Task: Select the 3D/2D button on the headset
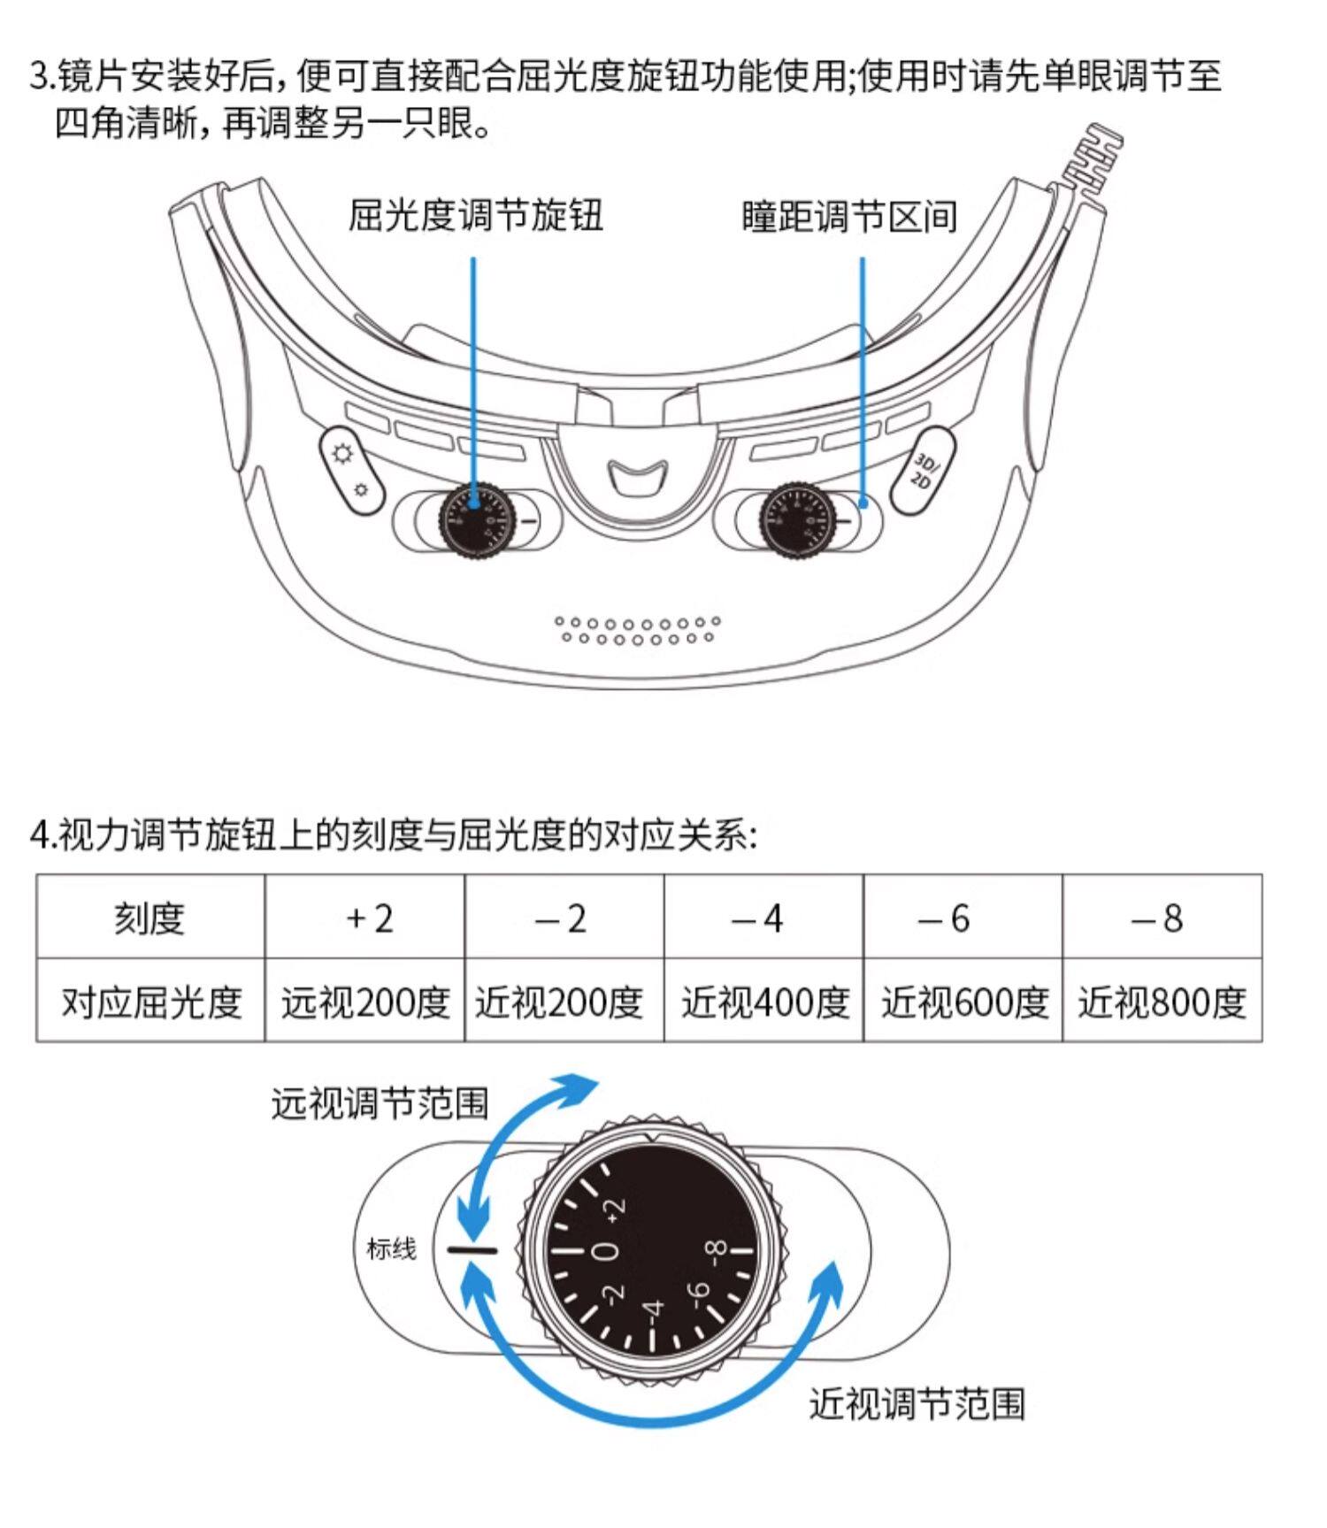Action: point(922,470)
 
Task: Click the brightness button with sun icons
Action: point(351,471)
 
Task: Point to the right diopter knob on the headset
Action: point(800,522)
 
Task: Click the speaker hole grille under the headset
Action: point(638,630)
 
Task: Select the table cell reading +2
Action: point(365,918)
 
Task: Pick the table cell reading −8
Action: point(1161,918)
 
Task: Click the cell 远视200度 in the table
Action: point(365,1002)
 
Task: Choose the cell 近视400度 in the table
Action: point(763,1002)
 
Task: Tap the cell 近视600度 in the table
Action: point(963,1002)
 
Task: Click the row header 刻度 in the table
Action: point(150,918)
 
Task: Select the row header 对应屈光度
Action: point(150,1002)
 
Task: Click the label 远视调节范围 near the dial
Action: point(380,1103)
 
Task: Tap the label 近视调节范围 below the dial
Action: point(917,1404)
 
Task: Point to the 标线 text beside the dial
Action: point(391,1248)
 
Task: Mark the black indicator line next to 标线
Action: point(472,1249)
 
